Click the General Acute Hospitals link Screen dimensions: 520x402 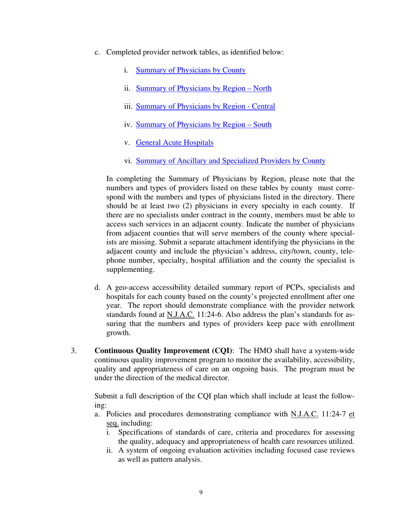(x=174, y=142)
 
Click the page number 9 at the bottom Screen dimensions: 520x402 (x=201, y=492)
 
